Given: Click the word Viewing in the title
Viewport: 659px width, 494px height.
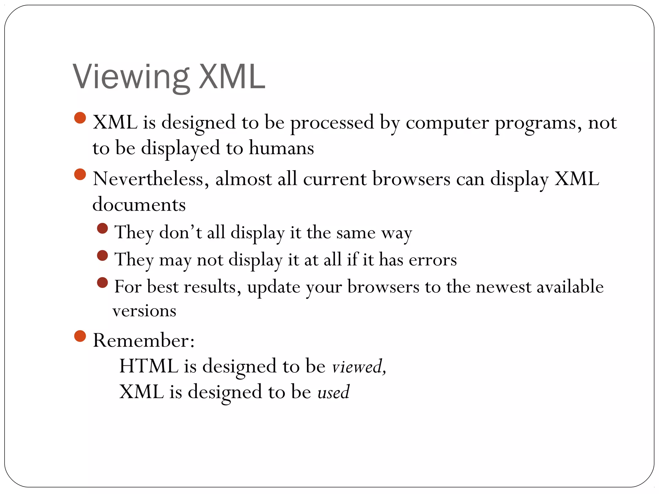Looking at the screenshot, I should click(130, 77).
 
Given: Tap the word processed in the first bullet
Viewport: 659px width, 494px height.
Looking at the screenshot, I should click(332, 123).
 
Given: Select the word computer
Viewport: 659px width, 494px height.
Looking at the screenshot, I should click(447, 123).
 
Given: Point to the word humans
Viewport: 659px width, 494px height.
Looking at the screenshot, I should click(281, 148).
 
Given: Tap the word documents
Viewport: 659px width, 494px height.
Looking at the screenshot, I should click(139, 205).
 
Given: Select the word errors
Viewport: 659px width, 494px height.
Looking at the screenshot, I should click(433, 260).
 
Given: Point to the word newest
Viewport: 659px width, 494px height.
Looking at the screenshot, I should click(504, 287).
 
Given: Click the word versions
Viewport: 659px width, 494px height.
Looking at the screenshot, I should click(144, 311).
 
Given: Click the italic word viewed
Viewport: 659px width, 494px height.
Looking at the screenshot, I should click(357, 367).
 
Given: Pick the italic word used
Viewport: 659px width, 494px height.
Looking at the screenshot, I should click(333, 392).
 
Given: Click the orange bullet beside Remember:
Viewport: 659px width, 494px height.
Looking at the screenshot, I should click(80, 336).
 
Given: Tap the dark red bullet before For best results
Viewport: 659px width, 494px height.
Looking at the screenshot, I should click(102, 283).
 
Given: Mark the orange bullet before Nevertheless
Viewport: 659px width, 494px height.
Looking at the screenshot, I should click(80, 175).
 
